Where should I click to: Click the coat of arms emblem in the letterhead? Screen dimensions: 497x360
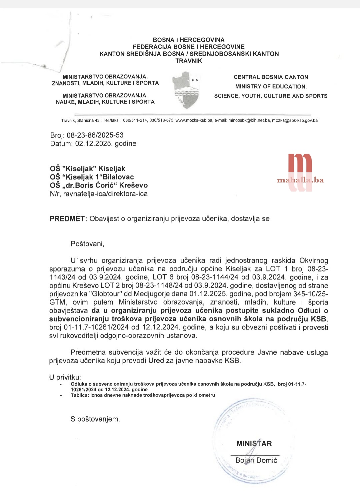tap(186, 90)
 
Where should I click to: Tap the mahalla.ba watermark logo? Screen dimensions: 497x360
tap(300, 173)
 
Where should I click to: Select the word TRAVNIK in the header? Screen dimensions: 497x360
tap(189, 61)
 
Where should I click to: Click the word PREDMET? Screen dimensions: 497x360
tap(68, 219)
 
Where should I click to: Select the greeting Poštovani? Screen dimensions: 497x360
tap(87, 244)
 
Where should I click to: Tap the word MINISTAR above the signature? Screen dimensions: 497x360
tap(254, 444)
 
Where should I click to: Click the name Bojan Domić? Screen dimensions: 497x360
tap(256, 460)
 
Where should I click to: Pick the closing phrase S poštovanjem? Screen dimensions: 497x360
tap(95, 419)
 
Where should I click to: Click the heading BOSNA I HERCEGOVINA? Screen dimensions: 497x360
tap(189, 40)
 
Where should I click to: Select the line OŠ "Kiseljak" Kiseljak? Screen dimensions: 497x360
tap(88, 169)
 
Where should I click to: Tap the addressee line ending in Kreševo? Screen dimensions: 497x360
tap(99, 185)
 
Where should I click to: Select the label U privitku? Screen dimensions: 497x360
tap(65, 377)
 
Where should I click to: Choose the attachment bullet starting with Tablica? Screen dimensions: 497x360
tap(143, 395)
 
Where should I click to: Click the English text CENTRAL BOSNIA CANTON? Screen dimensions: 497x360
tap(271, 77)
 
